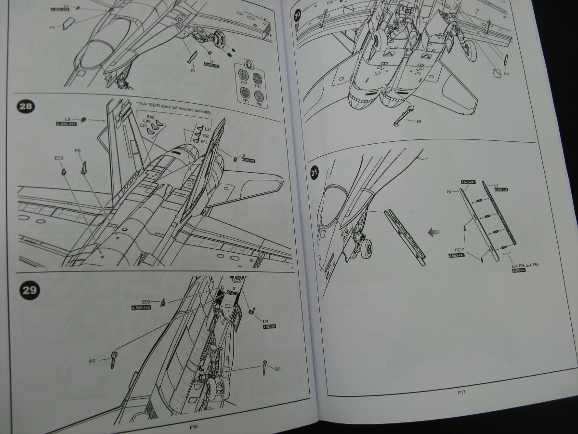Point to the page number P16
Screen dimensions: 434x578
(194, 426)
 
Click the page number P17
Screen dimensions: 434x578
(461, 393)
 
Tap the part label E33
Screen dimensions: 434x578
(58, 157)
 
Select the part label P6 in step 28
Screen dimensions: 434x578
(78, 151)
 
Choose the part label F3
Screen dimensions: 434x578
(193, 70)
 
